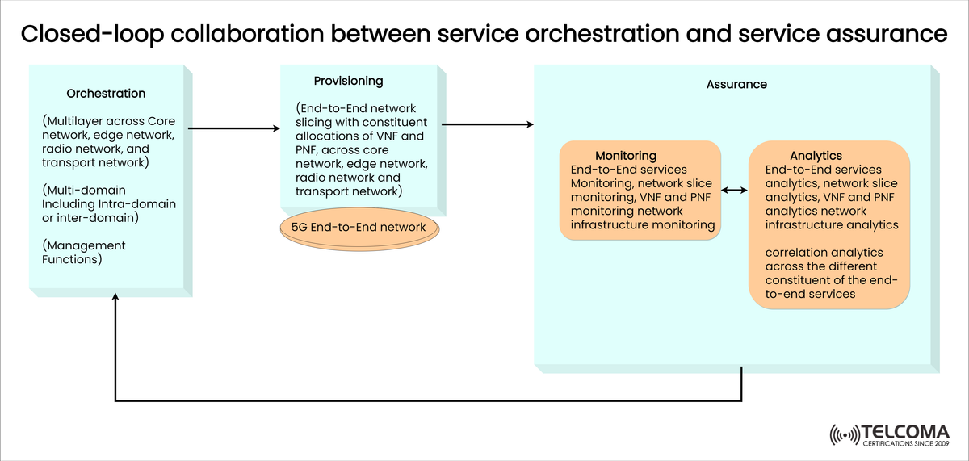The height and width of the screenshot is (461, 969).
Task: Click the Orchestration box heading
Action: click(x=106, y=94)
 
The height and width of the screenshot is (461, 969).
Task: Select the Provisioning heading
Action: click(x=348, y=81)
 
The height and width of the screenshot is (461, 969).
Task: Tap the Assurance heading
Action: click(x=736, y=84)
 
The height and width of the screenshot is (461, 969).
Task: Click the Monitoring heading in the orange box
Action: click(x=626, y=155)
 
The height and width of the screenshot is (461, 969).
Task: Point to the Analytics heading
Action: click(x=816, y=155)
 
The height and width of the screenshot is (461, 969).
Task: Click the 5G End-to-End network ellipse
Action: click(x=359, y=227)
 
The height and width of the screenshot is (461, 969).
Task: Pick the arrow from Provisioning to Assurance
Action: click(x=488, y=124)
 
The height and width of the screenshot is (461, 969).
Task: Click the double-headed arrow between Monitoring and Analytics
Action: click(x=734, y=191)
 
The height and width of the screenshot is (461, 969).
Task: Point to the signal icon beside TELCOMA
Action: click(x=845, y=435)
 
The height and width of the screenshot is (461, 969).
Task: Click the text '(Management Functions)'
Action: click(x=84, y=252)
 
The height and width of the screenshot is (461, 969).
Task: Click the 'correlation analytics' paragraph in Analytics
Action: click(x=825, y=274)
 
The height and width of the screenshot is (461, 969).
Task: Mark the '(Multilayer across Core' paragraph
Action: click(x=107, y=141)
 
